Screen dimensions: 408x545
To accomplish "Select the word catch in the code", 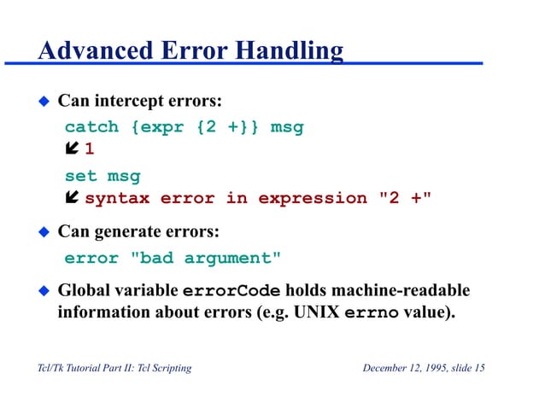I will coord(91,127).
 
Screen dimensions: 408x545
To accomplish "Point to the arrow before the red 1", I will coord(72,151).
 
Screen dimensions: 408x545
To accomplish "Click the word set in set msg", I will coord(80,177).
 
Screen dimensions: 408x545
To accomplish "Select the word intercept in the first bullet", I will coord(126,102).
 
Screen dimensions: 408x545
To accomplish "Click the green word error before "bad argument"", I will coord(91,257).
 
